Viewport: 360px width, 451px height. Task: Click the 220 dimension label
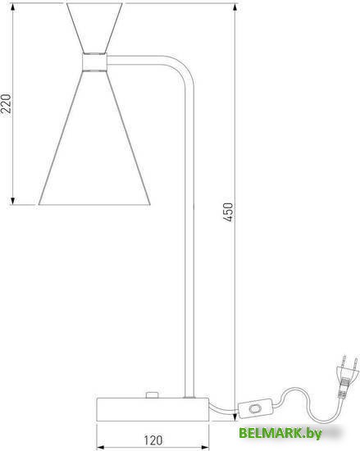pos(7,103)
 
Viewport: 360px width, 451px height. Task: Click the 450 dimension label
pos(228,212)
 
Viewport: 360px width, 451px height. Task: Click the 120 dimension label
pos(153,440)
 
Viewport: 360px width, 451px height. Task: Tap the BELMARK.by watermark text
pos(280,433)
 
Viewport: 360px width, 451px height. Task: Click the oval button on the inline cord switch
pos(254,408)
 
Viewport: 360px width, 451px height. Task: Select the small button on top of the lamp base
pos(152,395)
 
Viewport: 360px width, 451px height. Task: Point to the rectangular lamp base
pos(153,409)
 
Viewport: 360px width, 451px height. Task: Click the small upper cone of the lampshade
pos(94,28)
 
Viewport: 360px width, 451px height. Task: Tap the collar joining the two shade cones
pos(94,61)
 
